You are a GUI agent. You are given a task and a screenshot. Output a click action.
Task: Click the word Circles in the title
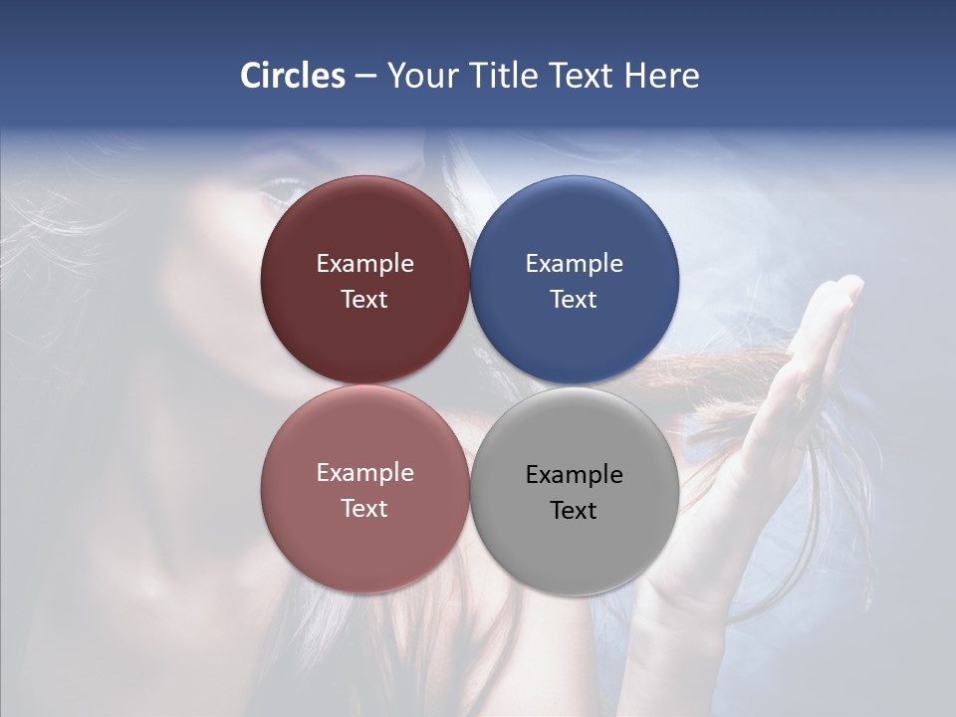(x=293, y=76)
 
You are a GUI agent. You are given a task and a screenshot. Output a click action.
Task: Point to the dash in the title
(x=365, y=77)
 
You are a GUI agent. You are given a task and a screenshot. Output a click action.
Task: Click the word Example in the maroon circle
(x=364, y=264)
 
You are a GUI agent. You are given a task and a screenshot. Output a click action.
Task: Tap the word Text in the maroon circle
(x=364, y=300)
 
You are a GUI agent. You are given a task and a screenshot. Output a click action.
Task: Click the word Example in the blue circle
(x=574, y=264)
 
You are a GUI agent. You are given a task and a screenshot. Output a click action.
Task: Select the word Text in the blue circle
(x=574, y=300)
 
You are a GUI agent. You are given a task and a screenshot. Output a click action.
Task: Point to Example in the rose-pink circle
(x=364, y=473)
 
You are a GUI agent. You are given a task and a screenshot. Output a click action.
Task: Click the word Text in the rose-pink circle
(x=364, y=509)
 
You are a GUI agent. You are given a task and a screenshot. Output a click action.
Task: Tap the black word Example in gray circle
(x=574, y=475)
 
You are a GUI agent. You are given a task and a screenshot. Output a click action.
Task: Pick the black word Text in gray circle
(x=574, y=511)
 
